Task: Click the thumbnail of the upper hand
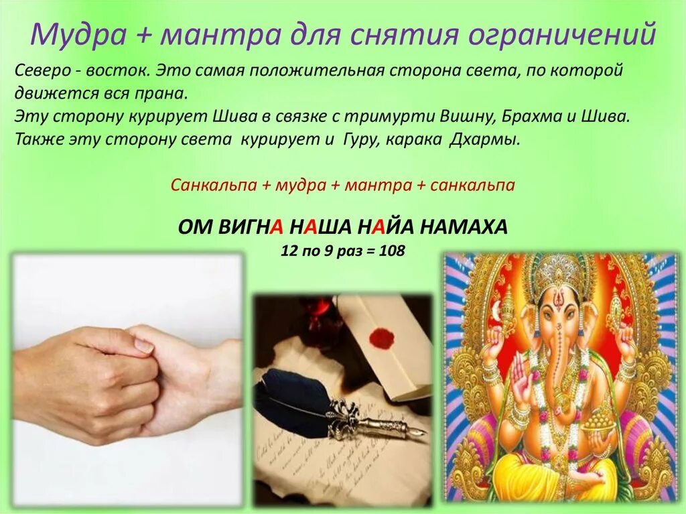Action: (x=143, y=344)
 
